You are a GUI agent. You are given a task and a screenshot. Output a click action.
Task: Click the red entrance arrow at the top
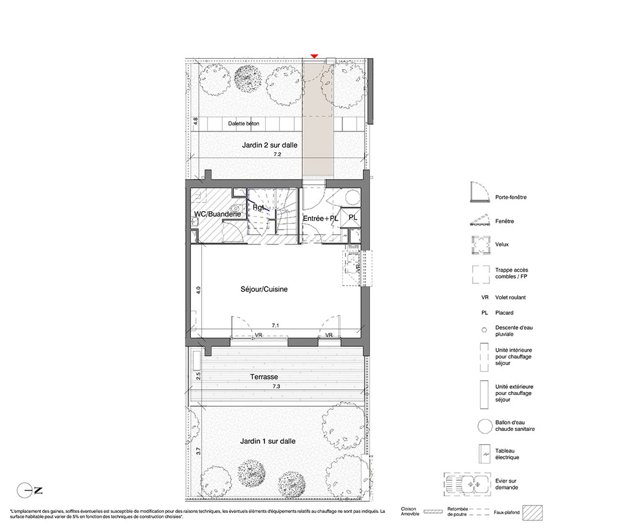[314, 56]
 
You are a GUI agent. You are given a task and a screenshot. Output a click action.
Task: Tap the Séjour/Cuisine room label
[264, 289]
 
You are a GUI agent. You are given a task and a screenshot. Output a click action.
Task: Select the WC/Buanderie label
[218, 214]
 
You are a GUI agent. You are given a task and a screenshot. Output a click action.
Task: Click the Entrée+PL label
[320, 219]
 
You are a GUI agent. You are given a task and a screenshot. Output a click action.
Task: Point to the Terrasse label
[264, 377]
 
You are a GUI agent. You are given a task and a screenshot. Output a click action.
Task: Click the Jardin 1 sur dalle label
[268, 441]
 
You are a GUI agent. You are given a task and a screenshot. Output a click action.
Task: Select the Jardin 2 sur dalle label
[269, 145]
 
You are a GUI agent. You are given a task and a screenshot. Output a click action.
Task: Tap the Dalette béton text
[243, 123]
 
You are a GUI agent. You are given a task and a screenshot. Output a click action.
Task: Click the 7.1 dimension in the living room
[276, 325]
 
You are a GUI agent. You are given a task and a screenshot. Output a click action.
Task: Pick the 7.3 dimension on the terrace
[276, 386]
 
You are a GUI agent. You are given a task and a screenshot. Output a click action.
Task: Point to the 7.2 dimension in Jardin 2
[277, 155]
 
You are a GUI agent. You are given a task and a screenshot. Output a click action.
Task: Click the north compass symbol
[30, 491]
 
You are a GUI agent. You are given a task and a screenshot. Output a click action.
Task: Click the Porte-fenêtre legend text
[511, 197]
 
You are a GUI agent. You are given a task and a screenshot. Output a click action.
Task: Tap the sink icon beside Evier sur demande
[467, 484]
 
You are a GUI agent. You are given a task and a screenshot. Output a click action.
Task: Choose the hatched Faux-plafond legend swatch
[532, 512]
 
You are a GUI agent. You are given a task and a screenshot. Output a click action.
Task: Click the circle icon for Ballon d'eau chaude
[484, 427]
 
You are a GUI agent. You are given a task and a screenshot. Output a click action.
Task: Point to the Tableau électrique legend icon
[484, 454]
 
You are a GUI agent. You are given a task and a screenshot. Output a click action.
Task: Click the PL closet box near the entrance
[351, 218]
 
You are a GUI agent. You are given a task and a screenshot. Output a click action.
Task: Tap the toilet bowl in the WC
[236, 208]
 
